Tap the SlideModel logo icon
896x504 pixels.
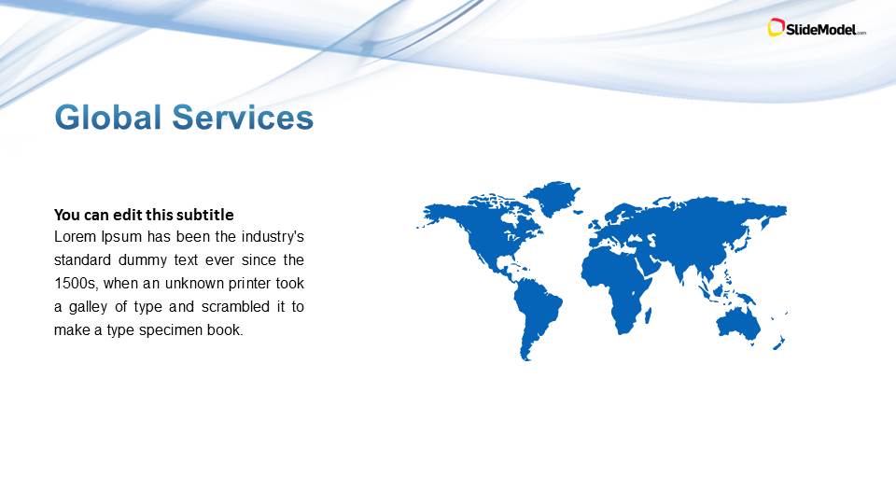click(776, 28)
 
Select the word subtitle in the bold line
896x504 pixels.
click(201, 215)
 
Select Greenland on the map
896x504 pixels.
click(553, 197)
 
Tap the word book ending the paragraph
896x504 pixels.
click(228, 329)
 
